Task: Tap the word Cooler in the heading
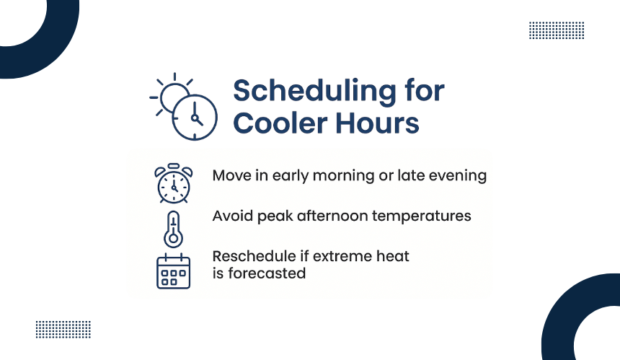280,123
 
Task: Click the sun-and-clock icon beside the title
183,107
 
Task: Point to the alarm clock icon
174,183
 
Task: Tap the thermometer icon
173,229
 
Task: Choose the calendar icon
173,271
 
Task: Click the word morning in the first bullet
343,176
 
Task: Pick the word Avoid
233,216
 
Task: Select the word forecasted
267,273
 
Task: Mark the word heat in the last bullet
393,256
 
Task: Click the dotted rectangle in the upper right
557,30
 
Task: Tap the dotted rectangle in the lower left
63,330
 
